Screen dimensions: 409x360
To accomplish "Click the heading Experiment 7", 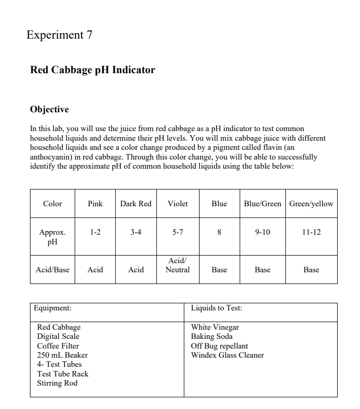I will tap(59, 35).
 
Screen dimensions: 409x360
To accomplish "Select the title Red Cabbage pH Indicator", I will tap(92, 70).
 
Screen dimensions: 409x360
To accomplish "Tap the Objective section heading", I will tap(49, 109).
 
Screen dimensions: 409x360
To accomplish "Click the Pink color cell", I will tap(95, 204).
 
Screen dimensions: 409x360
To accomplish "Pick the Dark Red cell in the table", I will tap(136, 204).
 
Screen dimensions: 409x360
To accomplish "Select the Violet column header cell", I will tap(178, 204).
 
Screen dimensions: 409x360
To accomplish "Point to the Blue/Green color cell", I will tap(262, 204).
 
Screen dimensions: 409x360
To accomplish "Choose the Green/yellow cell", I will tap(311, 204).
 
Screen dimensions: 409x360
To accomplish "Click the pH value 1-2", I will tap(95, 232).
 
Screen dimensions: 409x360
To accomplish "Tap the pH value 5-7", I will tap(178, 232).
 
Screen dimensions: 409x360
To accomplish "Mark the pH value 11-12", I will tap(311, 232).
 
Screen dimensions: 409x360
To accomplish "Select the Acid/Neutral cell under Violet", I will tap(178, 265).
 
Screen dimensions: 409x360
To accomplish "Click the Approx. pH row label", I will tap(52, 237).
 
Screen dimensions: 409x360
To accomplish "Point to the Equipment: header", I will tap(53, 308).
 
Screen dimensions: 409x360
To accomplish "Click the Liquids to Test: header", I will tap(216, 308).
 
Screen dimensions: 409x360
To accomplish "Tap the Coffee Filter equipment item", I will tap(58, 346).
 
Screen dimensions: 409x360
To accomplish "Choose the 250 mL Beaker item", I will tap(62, 355).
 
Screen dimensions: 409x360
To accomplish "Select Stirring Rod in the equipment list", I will tap(57, 383).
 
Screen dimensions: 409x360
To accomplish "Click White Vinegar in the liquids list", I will tap(215, 327).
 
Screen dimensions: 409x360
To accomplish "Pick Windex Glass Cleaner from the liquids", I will tap(227, 355).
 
